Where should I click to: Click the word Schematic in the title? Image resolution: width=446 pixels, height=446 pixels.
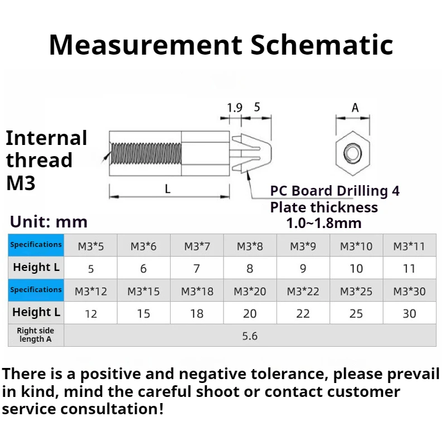click(322, 45)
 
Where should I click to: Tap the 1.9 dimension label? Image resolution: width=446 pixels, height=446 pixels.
click(234, 108)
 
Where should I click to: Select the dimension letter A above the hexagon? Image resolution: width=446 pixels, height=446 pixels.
click(355, 108)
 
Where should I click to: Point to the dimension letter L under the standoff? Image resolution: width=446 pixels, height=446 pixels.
click(168, 189)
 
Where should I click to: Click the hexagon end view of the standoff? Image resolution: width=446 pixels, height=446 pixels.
click(352, 153)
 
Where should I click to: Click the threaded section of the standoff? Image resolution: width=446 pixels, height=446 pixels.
click(146, 153)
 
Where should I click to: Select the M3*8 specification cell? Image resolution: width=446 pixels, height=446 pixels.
click(250, 246)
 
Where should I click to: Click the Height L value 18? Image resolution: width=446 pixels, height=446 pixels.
click(197, 313)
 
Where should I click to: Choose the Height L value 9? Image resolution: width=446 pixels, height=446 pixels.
click(303, 269)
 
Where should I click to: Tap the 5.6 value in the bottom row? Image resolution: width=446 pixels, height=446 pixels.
click(250, 336)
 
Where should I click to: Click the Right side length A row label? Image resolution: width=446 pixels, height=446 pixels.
click(36, 335)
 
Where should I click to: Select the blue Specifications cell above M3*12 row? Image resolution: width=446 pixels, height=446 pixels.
click(36, 290)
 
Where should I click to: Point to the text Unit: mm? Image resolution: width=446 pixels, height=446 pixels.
click(49, 222)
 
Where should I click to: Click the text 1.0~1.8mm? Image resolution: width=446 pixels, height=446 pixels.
click(324, 223)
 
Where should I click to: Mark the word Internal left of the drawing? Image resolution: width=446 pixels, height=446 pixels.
click(46, 138)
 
